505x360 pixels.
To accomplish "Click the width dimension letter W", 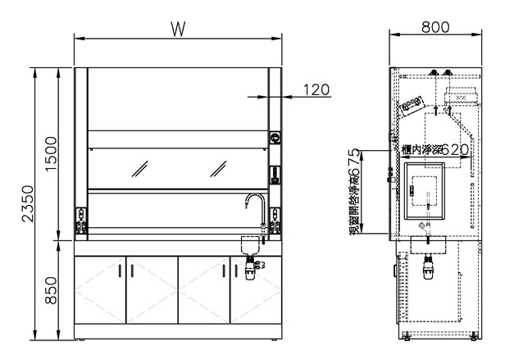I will point(176,27).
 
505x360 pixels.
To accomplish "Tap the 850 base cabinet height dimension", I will point(50,288).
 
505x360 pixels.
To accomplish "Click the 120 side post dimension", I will point(316,89).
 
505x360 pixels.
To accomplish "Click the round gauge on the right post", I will point(275,138).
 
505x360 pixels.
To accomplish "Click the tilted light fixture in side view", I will point(409,103).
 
